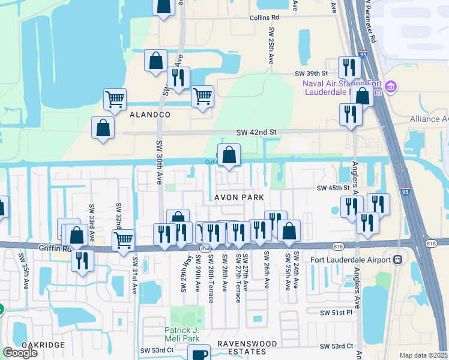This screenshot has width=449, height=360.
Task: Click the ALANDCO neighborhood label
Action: tap(149, 114)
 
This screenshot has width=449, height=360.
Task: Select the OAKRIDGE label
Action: tap(42, 345)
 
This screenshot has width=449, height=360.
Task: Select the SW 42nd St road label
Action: tap(256, 132)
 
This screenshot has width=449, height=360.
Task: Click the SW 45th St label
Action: tap(333, 188)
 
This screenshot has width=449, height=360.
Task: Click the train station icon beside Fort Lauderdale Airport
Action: tap(397, 260)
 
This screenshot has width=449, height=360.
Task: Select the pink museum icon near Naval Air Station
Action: tap(391, 88)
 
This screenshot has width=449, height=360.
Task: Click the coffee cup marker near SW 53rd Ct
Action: tap(199, 354)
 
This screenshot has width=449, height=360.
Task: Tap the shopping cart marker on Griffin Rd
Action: tap(123, 240)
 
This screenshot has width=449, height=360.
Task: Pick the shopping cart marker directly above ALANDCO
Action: tap(115, 99)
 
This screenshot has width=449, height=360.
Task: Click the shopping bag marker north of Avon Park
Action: tap(229, 155)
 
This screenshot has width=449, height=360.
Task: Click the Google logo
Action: tap(20, 353)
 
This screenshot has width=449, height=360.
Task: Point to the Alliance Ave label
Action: tap(429, 119)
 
